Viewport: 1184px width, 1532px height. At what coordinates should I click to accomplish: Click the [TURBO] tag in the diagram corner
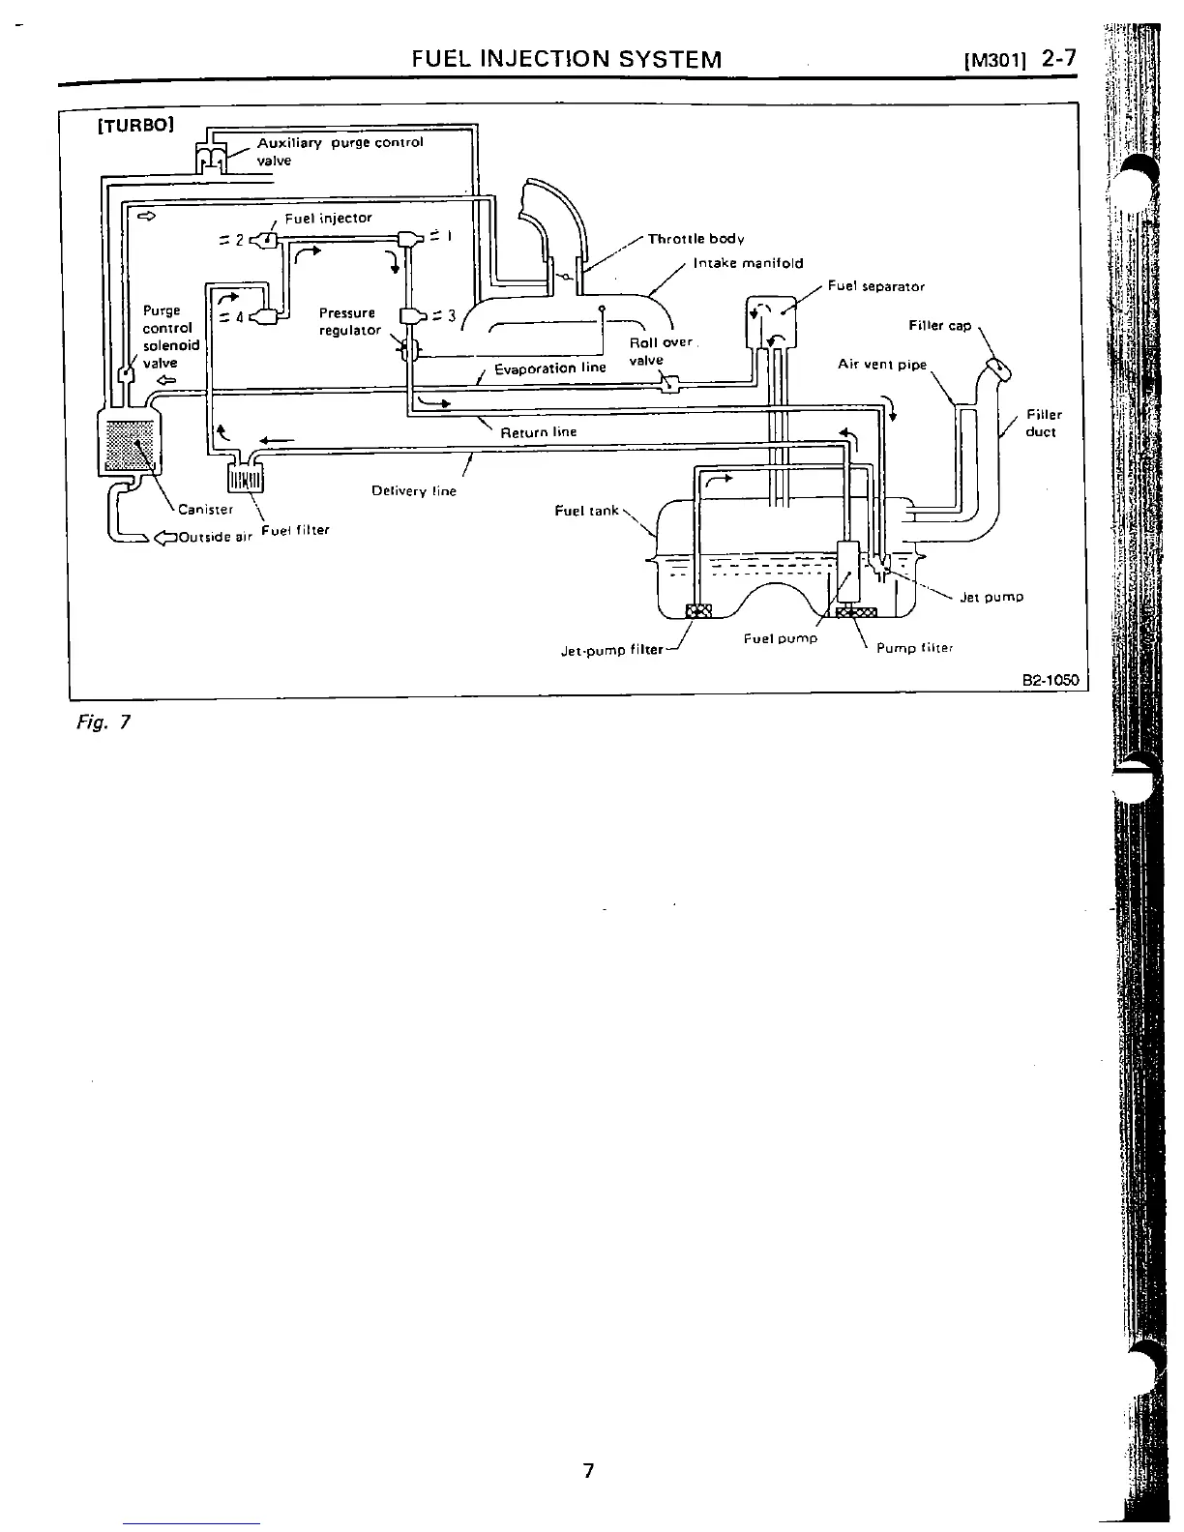(x=134, y=126)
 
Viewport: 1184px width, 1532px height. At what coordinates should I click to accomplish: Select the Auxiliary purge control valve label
(x=340, y=151)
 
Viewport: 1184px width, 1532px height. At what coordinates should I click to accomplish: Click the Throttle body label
(x=696, y=239)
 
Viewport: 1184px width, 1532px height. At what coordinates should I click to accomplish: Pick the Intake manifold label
(x=748, y=263)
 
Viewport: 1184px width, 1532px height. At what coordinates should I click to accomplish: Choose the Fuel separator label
(x=875, y=286)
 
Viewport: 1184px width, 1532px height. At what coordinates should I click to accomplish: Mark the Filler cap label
(x=939, y=326)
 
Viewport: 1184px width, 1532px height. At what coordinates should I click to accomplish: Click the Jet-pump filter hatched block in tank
(x=697, y=610)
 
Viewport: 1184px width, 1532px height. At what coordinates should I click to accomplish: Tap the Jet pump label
(x=991, y=597)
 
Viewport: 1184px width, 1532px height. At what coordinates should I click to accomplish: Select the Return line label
(x=538, y=432)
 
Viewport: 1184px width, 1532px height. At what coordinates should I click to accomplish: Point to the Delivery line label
(x=413, y=491)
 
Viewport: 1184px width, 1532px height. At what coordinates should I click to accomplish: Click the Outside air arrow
(x=165, y=538)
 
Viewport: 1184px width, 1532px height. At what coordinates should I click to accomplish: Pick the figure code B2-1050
(x=1050, y=681)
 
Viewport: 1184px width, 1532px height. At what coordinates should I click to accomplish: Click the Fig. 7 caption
(x=102, y=722)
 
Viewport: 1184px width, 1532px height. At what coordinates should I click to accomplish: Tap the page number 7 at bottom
(x=587, y=1471)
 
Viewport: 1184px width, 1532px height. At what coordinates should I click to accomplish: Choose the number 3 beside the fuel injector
(x=451, y=314)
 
